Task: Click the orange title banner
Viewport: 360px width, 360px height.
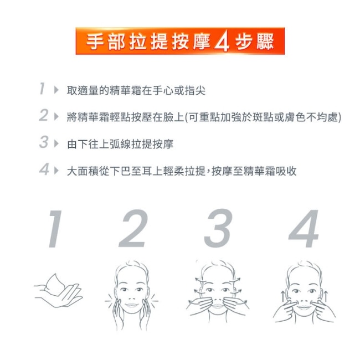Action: [x=180, y=41]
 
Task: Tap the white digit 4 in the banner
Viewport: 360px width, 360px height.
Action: [x=222, y=42]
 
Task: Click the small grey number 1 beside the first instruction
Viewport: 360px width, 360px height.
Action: [x=42, y=89]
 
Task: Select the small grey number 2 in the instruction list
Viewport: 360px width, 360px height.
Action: [x=44, y=115]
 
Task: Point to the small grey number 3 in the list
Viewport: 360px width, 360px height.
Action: [x=44, y=142]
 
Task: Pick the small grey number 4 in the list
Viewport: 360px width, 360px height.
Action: [x=44, y=169]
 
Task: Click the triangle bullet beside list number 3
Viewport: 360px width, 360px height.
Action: [x=56, y=144]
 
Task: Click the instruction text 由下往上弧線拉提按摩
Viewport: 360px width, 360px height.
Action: [x=120, y=144]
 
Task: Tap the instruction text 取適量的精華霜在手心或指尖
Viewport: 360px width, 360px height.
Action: [x=136, y=90]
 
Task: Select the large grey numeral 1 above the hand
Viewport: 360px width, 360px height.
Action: [x=55, y=229]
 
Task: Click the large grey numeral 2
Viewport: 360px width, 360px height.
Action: [x=133, y=228]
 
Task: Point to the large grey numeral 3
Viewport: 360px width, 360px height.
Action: [x=218, y=228]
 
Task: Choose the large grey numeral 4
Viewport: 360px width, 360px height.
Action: [x=304, y=229]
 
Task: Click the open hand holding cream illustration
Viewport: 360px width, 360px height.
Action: [x=58, y=291]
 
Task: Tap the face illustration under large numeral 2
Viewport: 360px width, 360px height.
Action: [x=132, y=295]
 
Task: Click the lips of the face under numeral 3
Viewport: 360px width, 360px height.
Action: [x=218, y=306]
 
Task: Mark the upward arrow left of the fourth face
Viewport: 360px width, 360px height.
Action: [x=283, y=296]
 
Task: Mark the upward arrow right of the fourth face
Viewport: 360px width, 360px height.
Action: [x=326, y=296]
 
